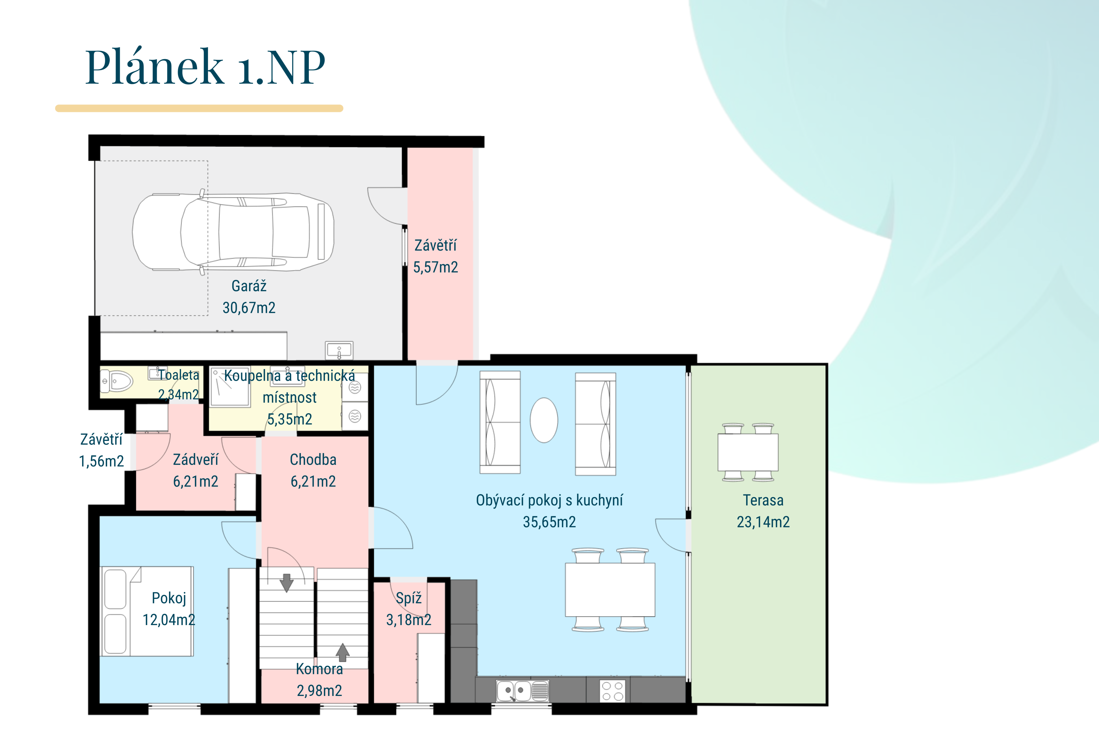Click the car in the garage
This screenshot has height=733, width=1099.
(x=233, y=232)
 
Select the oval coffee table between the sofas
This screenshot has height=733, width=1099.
(x=544, y=420)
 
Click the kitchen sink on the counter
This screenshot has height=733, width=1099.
(x=522, y=691)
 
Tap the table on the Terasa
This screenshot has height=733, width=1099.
(x=748, y=452)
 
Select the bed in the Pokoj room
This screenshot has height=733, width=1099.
(x=147, y=611)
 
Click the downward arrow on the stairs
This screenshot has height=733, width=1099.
(x=286, y=582)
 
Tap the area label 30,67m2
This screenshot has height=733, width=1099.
(x=249, y=308)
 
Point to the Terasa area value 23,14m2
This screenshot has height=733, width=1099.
(x=763, y=522)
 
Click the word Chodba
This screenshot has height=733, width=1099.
(x=313, y=459)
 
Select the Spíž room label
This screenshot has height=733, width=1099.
(x=409, y=598)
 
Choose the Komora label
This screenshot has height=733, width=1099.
(x=320, y=669)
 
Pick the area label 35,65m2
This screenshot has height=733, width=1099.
(x=549, y=522)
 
